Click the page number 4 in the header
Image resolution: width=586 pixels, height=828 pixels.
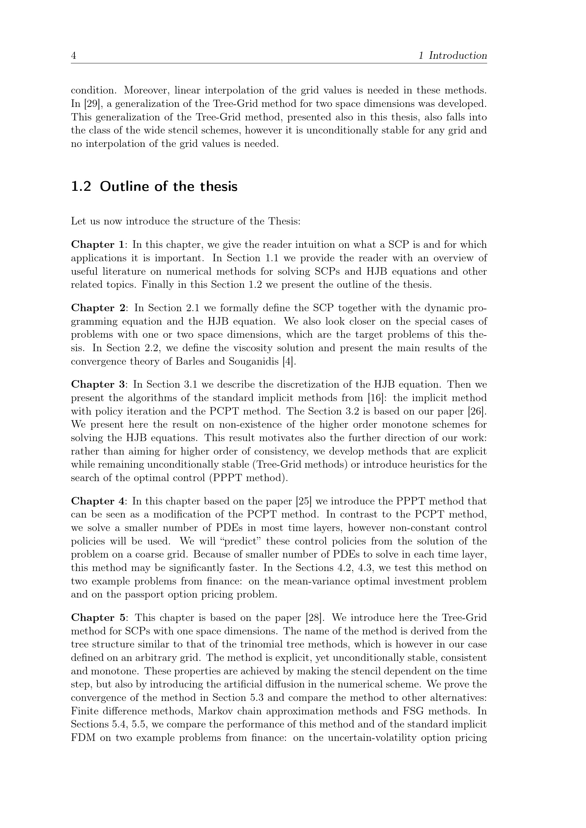coord(73,56)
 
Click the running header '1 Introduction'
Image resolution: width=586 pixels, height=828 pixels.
coord(452,56)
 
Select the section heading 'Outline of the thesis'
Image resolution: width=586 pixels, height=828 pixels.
coord(169,187)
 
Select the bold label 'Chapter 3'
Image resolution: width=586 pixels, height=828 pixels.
coord(98,384)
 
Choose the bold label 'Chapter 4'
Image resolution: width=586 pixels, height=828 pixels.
coord(97,501)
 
